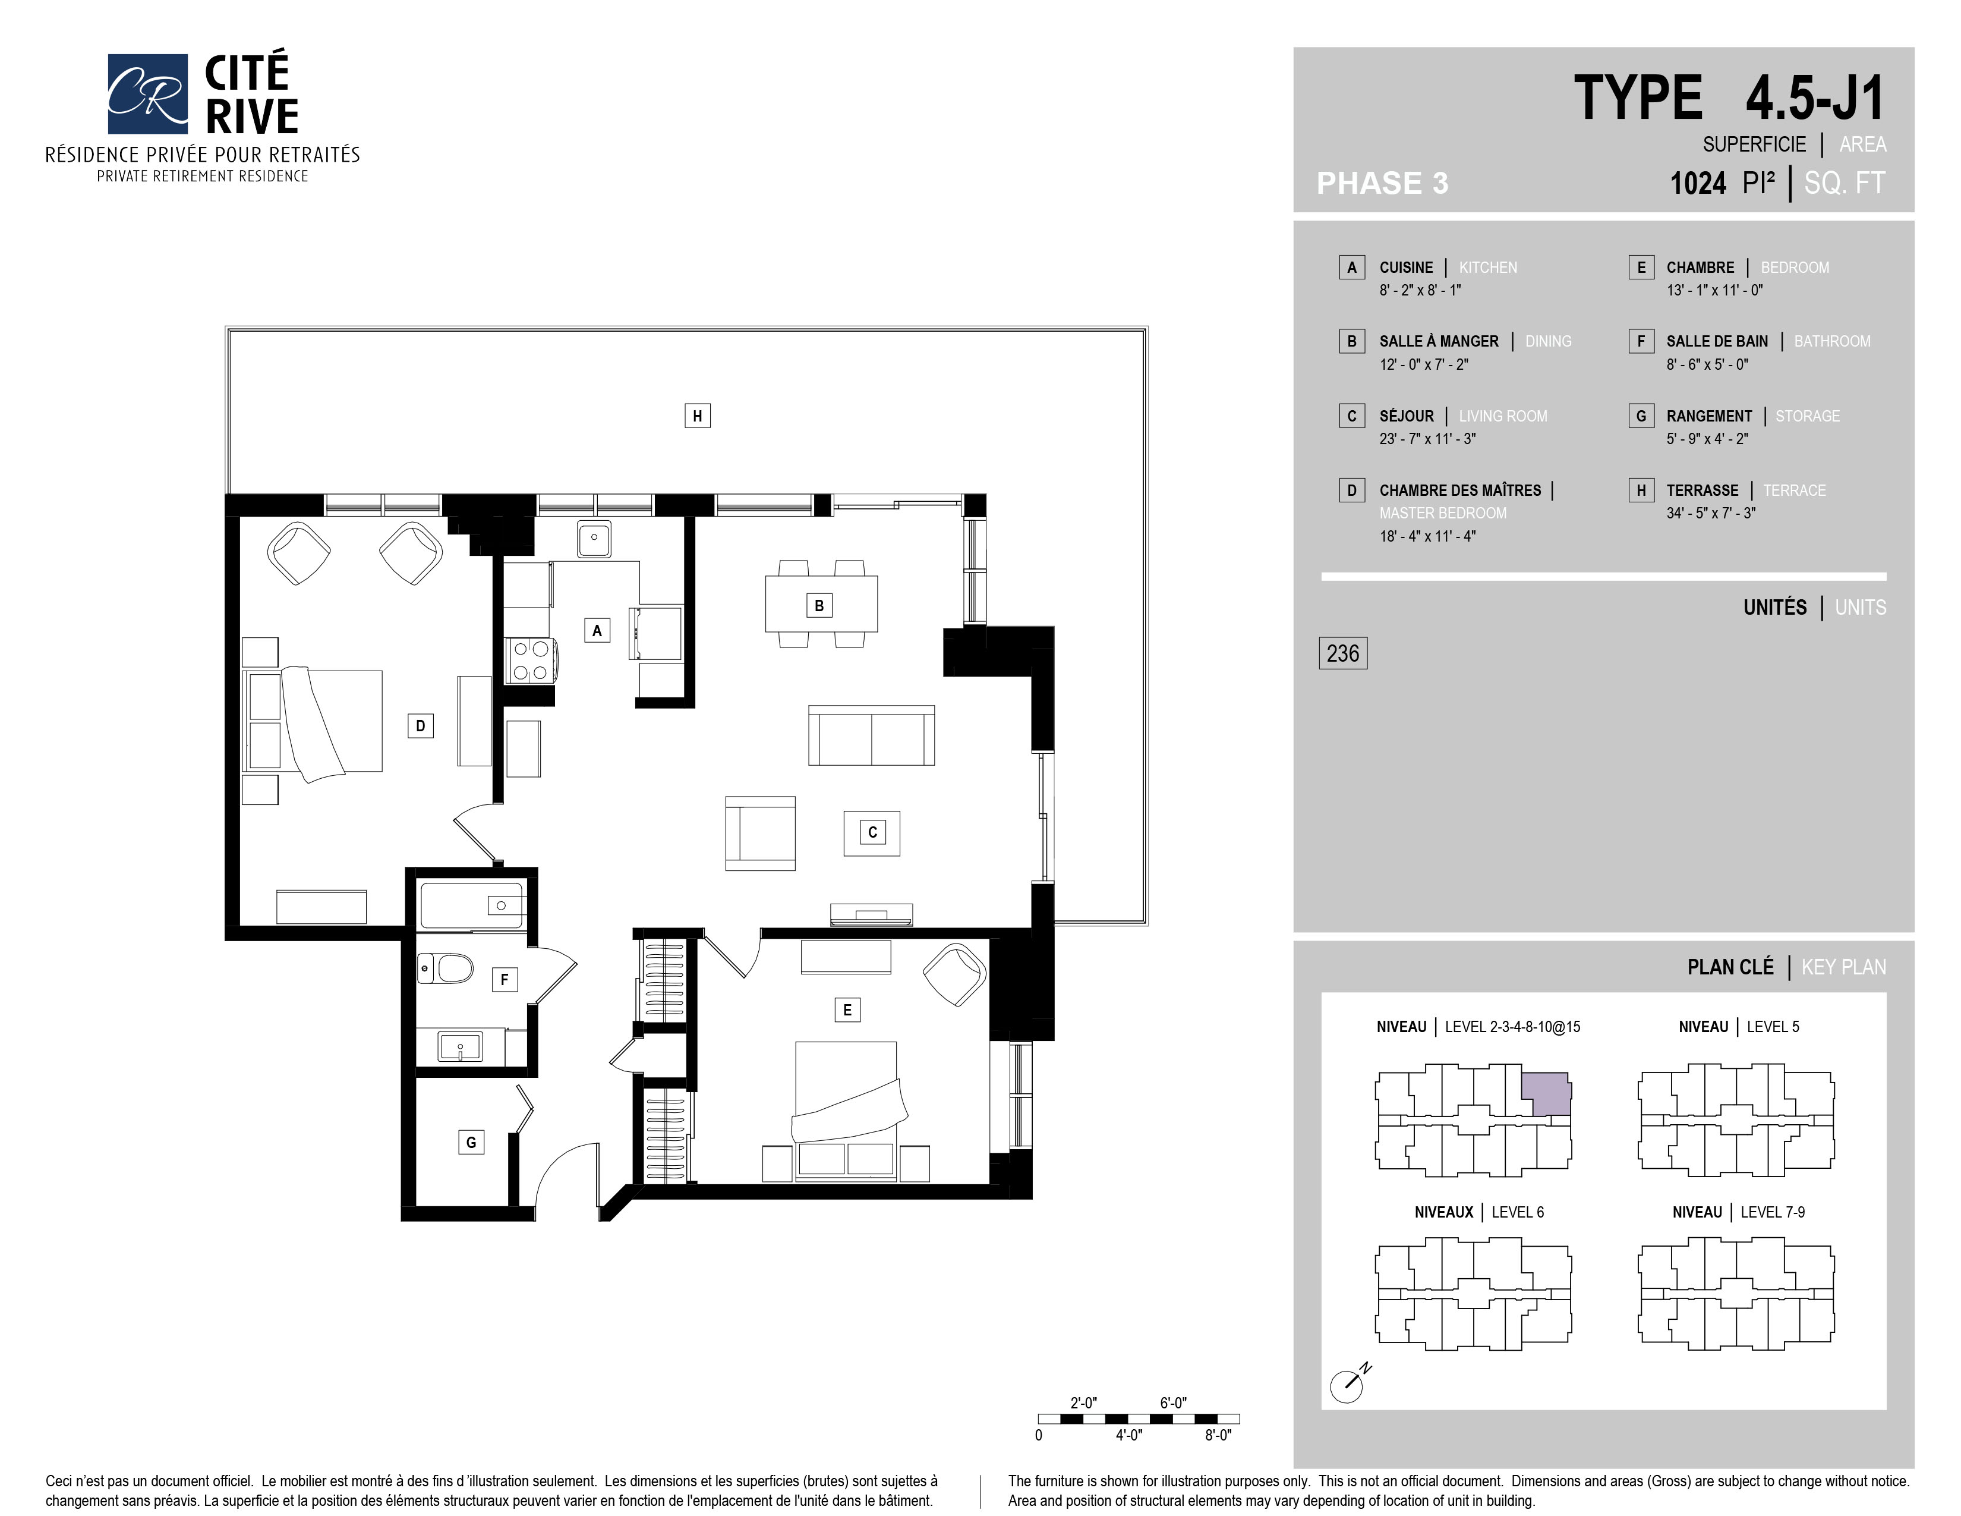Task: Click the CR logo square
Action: [147, 93]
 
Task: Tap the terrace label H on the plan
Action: [698, 416]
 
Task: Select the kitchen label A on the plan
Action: [597, 630]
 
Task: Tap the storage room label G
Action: [471, 1143]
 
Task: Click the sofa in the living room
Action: [871, 735]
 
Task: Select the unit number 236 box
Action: [1342, 653]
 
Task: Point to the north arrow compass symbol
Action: [1350, 1383]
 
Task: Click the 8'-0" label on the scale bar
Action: [1218, 1435]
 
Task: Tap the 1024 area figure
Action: [1698, 183]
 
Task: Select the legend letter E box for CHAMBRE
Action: [1641, 268]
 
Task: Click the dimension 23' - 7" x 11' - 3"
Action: [1427, 439]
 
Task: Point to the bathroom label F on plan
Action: [505, 980]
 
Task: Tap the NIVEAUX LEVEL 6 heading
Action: [1479, 1212]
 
